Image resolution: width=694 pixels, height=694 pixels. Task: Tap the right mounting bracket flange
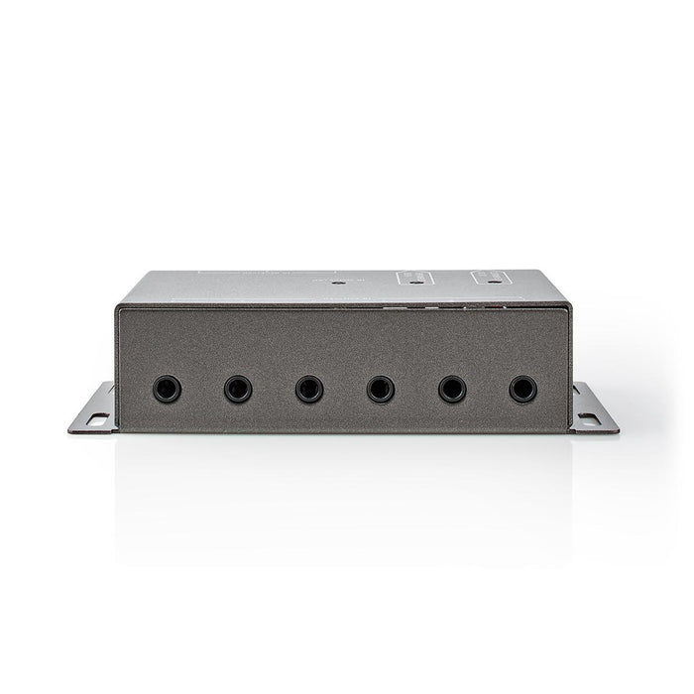pos(594,408)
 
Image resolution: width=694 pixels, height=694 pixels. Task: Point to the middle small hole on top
pos(413,281)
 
